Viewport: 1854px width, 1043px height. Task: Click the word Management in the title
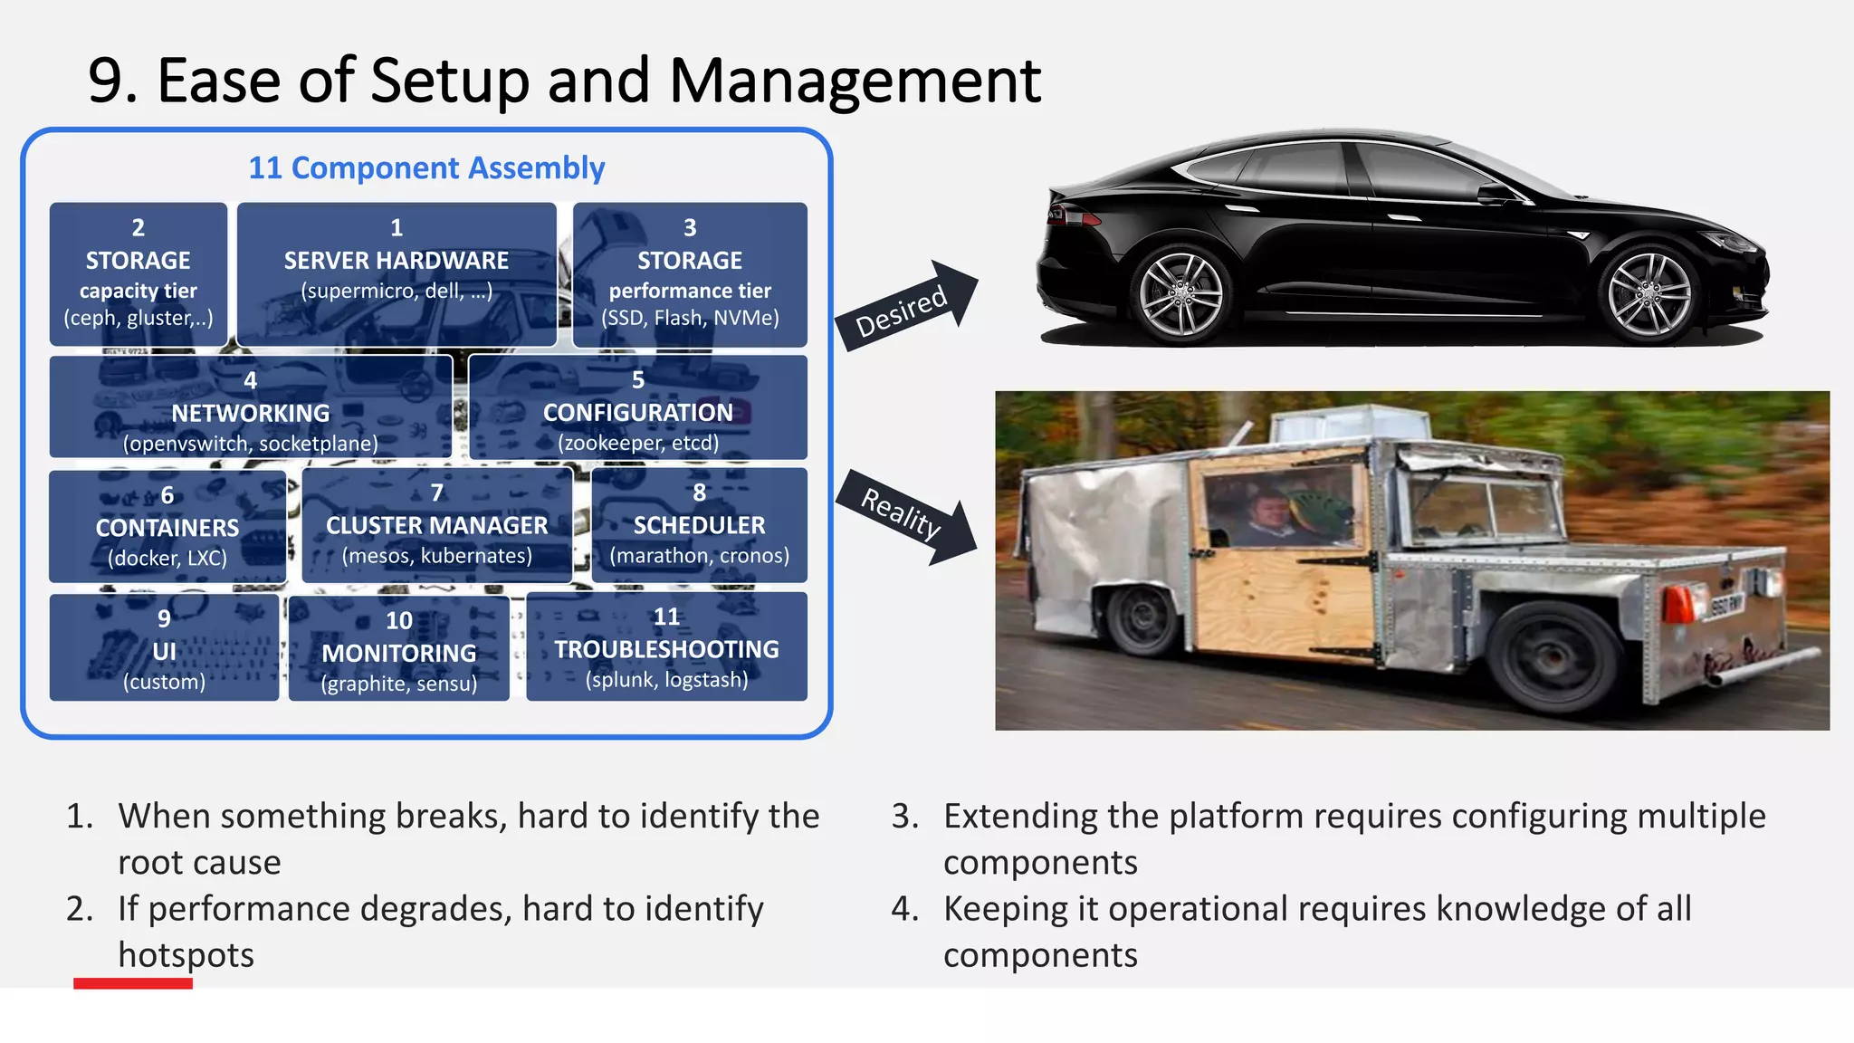(855, 81)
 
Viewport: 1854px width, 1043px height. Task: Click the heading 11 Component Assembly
(426, 168)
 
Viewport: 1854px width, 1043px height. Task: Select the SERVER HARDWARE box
(397, 273)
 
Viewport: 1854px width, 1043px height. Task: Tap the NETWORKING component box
(251, 407)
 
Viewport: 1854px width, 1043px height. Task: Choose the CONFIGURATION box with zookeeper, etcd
(638, 407)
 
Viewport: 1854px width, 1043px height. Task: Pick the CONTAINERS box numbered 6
(167, 527)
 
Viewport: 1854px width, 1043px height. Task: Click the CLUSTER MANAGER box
(437, 525)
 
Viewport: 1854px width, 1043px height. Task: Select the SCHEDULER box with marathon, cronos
(699, 525)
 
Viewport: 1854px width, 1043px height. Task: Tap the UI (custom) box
(164, 648)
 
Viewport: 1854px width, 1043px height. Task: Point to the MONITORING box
(399, 650)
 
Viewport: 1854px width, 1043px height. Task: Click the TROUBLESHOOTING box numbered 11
(666, 646)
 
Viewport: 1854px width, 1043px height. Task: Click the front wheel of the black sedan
(1649, 295)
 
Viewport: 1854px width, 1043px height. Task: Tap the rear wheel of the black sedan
(1180, 295)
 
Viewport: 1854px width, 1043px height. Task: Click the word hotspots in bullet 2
(186, 955)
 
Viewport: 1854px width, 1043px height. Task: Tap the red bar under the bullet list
(133, 983)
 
